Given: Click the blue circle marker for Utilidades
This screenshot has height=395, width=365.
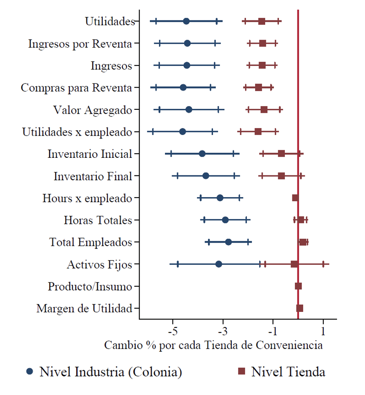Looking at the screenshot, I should coord(186,21).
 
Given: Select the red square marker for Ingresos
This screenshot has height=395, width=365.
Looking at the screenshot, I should coord(262,65).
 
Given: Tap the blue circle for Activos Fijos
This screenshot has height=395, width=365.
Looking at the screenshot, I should coord(218,264).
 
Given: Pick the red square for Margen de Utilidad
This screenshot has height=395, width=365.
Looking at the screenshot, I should coord(299,308).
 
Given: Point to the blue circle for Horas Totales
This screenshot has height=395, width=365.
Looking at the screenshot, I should coord(225,220).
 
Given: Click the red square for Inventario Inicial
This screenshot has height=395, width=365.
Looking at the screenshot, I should coord(281,154).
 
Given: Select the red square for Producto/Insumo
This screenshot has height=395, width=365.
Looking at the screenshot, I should coord(298,286).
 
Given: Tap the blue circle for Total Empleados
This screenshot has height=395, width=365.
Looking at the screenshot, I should coord(228,242).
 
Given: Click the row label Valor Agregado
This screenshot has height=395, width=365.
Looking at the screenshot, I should coord(93,110).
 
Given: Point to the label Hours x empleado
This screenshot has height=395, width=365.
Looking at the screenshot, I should coord(87,198).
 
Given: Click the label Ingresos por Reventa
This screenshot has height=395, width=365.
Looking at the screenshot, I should coord(80,43).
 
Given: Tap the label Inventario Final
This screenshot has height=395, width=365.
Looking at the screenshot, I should coord(93,176).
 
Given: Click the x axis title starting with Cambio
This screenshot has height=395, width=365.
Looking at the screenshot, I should coord(213,345).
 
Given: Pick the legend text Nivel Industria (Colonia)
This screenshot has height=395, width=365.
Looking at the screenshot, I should coord(111,372).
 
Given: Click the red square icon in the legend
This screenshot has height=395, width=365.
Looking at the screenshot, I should coord(241,371).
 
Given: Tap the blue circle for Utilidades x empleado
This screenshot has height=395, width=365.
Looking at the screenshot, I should coord(182,132).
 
